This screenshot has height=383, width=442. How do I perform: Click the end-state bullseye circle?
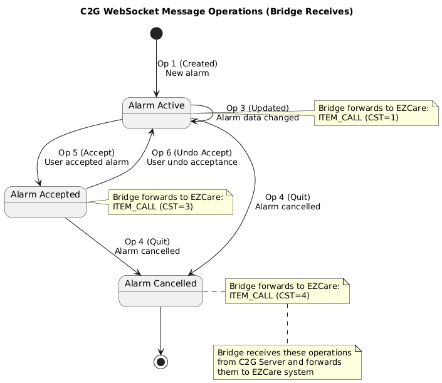point(161,362)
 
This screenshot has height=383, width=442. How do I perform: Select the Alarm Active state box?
point(157,113)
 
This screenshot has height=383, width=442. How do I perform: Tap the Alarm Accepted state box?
point(45,201)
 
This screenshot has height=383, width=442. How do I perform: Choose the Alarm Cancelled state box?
point(160,291)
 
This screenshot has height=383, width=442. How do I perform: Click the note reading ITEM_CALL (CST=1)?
point(375,112)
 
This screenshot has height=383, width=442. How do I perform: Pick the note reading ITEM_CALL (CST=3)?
point(171,201)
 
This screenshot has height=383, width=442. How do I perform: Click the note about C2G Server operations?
point(287,362)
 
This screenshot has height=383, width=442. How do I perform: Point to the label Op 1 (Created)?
point(187,63)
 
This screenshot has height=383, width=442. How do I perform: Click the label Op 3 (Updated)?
point(257,108)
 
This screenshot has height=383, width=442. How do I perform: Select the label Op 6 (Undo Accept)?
point(192,152)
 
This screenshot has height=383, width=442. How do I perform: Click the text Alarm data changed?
point(258,118)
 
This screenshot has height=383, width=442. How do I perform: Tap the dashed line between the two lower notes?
point(288,323)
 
